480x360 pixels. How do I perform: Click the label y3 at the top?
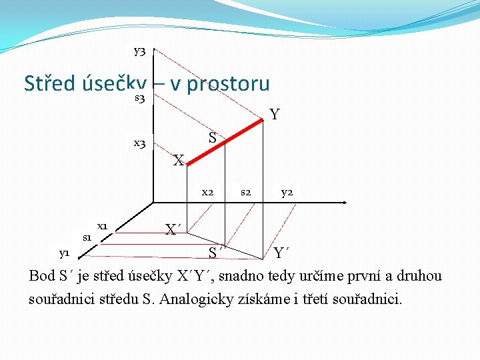[x=139, y=51]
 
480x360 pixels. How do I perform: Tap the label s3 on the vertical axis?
[x=140, y=99]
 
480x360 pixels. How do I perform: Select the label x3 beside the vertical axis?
[x=139, y=143]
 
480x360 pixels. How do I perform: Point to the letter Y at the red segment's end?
[x=274, y=115]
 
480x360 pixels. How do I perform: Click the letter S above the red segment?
[x=212, y=138]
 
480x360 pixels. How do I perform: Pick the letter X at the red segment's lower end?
[x=178, y=161]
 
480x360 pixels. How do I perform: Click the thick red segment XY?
[x=227, y=141]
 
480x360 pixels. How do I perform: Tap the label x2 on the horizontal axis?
[x=207, y=193]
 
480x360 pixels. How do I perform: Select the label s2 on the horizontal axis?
[x=245, y=193]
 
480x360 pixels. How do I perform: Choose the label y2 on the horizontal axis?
[x=287, y=193]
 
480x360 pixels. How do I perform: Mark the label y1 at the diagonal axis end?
[x=64, y=253]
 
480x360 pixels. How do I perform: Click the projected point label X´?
[x=173, y=230]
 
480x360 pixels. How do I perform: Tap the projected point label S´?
[x=214, y=253]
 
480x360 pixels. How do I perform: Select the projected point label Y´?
[x=281, y=253]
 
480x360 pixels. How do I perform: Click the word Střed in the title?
[x=49, y=84]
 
